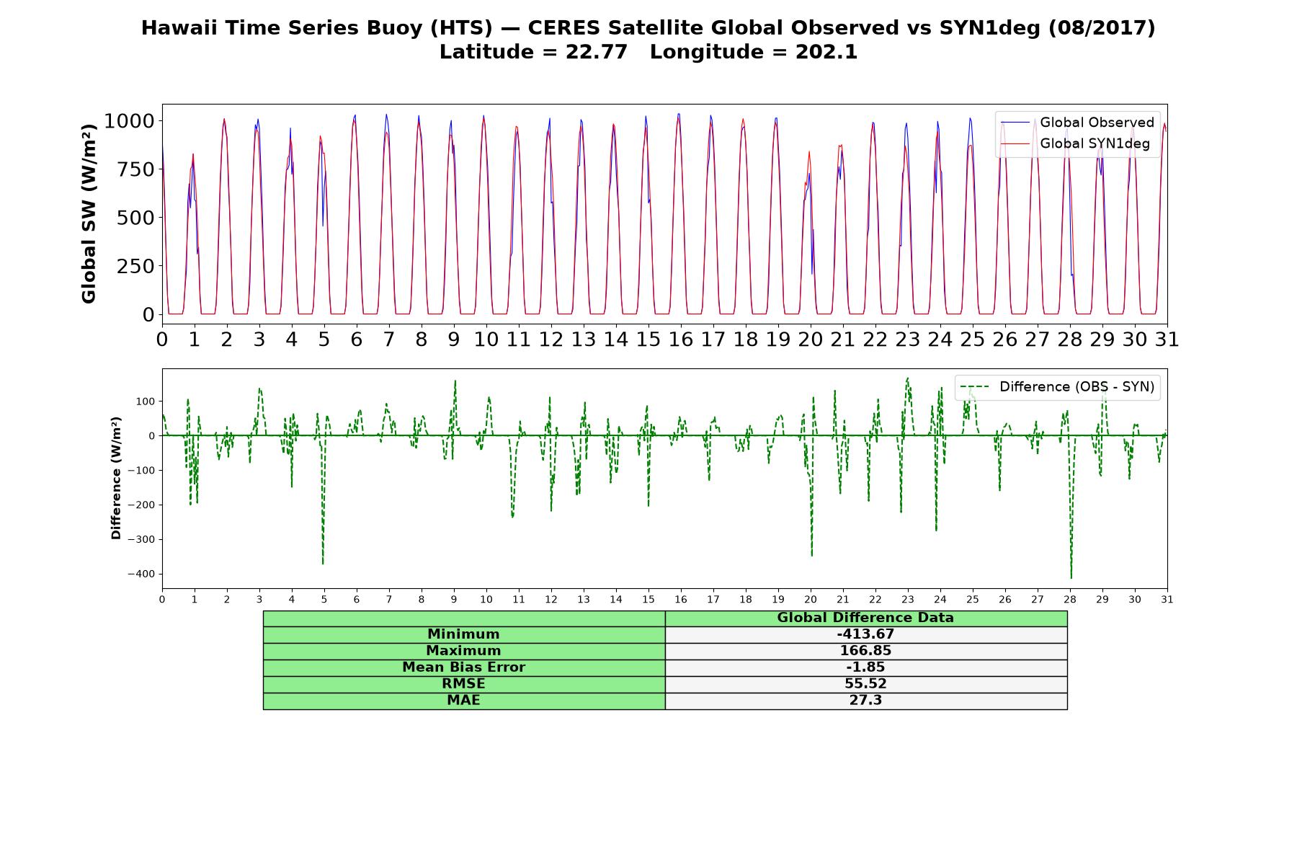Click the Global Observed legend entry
tap(1077, 123)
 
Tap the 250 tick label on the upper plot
tap(136, 266)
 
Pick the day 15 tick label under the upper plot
tap(648, 340)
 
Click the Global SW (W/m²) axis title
tap(89, 213)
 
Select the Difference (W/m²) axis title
tap(116, 478)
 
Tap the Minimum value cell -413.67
tap(865, 634)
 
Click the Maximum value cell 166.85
tap(865, 651)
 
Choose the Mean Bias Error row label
tap(463, 667)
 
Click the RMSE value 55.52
tap(865, 684)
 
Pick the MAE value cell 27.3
tap(865, 701)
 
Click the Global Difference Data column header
tap(865, 618)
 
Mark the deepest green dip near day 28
tap(1071, 577)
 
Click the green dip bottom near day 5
tap(323, 563)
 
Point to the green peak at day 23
tap(907, 378)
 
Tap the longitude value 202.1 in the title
tap(826, 52)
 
